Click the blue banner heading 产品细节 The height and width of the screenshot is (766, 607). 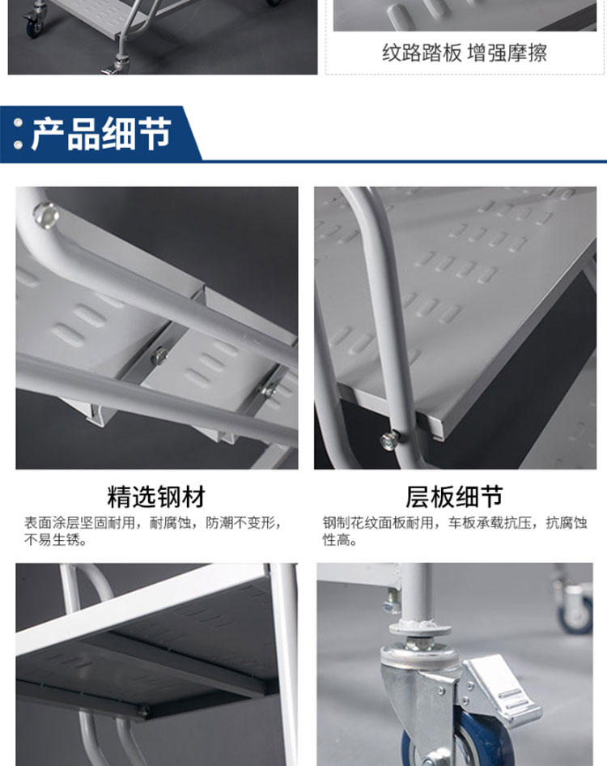coord(102,134)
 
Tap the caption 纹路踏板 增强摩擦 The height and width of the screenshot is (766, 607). coord(465,53)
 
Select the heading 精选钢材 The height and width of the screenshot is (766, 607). coord(156,496)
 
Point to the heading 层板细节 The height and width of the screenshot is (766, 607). coord(454,496)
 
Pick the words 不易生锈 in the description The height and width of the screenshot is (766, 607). coord(52,540)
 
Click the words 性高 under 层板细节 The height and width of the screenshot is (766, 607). coord(336,540)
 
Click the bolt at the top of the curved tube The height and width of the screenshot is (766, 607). coord(46,215)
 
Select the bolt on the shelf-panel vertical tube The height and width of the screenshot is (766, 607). coord(389,440)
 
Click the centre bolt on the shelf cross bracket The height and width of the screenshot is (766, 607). coord(159,355)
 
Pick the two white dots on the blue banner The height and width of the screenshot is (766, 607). coord(18,134)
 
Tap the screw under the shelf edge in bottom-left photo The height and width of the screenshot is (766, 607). coord(143,710)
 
